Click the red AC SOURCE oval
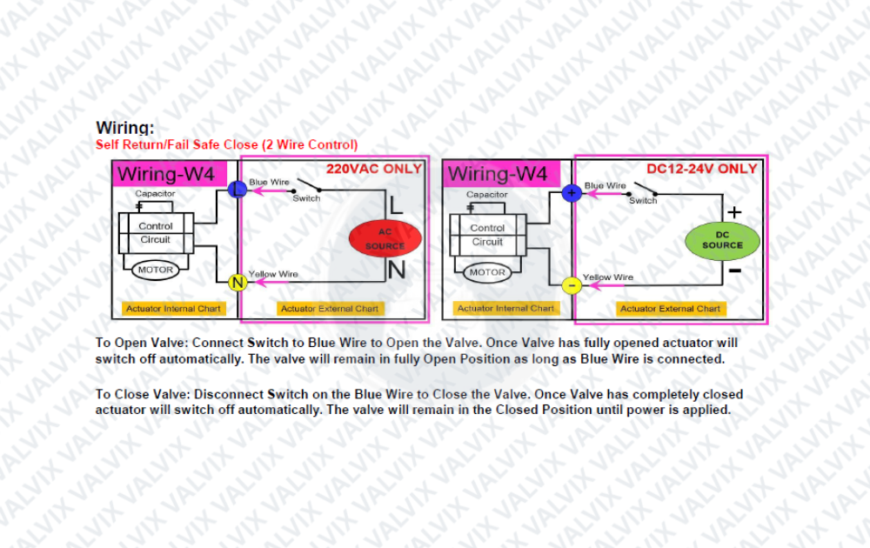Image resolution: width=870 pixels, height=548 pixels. (385, 238)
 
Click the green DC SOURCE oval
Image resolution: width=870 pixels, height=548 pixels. (722, 241)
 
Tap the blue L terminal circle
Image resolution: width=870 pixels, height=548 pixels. (238, 189)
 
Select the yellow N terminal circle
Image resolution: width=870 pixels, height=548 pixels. (238, 283)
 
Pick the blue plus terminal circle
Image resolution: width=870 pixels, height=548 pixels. (572, 193)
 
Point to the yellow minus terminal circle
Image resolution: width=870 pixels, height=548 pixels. (572, 285)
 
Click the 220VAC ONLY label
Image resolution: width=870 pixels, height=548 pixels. (374, 169)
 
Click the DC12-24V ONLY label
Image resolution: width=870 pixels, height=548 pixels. (702, 169)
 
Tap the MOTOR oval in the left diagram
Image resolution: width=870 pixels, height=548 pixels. (156, 271)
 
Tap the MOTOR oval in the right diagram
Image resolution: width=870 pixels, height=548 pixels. (487, 272)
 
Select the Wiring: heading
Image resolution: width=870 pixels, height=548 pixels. (124, 128)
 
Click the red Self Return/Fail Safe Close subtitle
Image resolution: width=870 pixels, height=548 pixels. (226, 144)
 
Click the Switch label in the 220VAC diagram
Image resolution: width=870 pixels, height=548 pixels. (306, 198)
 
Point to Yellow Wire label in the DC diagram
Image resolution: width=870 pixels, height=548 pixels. (607, 277)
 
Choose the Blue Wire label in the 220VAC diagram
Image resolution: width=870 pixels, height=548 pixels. (269, 182)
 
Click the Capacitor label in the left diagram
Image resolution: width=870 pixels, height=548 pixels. (155, 194)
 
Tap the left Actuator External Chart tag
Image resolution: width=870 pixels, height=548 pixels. (330, 309)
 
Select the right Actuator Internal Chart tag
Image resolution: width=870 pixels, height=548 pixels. (505, 308)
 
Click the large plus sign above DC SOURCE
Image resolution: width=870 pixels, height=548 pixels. (734, 212)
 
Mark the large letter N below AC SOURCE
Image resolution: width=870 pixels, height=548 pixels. (397, 271)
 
